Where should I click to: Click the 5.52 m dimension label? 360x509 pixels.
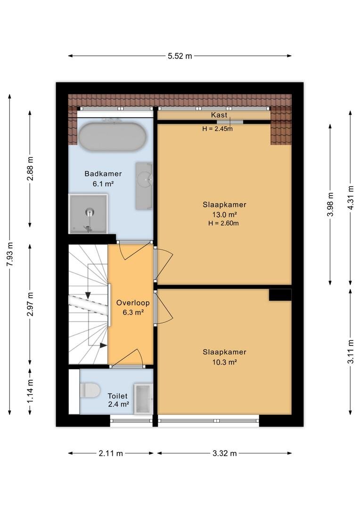180,56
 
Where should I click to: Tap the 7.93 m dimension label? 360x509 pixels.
10,254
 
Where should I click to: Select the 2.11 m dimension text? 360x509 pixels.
111,453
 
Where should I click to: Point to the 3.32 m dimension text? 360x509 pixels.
225,453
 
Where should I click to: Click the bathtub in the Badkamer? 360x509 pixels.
112,137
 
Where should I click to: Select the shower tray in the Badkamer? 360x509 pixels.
88,213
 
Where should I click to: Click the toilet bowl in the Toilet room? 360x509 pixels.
90,390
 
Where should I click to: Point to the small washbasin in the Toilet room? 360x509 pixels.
143,399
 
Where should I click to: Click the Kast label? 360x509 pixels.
219,115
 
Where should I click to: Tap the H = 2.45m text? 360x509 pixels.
218,129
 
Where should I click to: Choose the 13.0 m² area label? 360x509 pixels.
224,214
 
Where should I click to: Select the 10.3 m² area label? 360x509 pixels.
224,361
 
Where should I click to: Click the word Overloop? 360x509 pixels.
133,303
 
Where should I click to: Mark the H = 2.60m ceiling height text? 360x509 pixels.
223,223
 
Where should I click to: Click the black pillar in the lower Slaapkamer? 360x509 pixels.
280,295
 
